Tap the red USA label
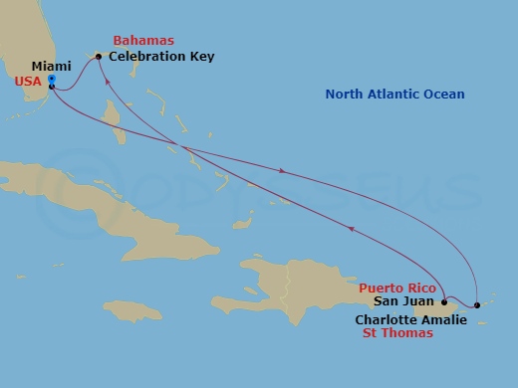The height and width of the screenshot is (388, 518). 28,82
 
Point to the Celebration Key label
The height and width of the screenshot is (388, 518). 162,56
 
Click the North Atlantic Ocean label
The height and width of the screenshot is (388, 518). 395,95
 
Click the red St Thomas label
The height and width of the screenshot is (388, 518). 396,333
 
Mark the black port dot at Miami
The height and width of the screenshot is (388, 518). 51,87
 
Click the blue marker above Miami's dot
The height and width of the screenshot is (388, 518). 51,79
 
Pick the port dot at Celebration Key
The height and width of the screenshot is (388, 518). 99,56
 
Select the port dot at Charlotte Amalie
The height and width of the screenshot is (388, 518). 477,304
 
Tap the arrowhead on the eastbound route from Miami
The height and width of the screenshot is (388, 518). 283,171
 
